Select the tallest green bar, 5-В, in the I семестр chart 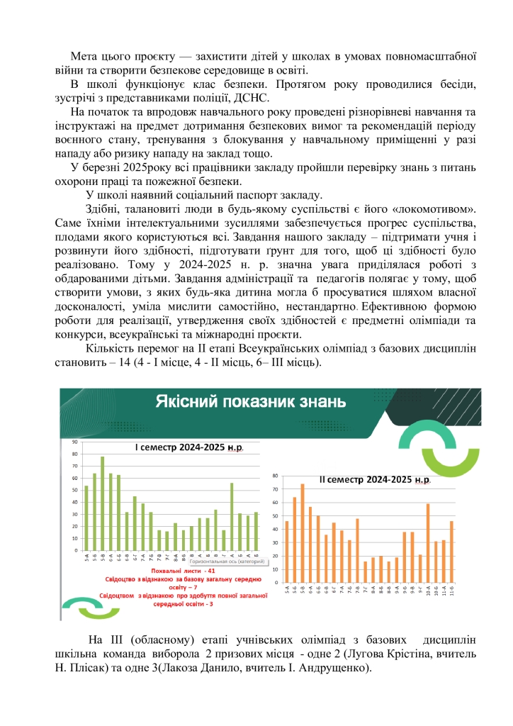[x=102, y=503]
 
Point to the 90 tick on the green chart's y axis [x=74, y=443]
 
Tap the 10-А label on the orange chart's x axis [x=429, y=591]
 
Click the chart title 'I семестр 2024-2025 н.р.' [x=185, y=448]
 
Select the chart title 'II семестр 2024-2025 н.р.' [x=375, y=480]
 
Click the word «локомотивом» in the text [x=432, y=209]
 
